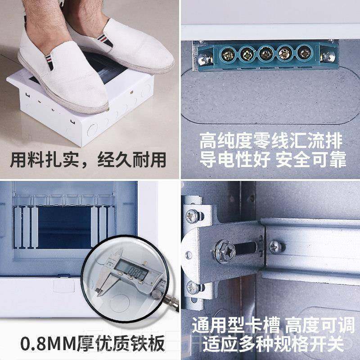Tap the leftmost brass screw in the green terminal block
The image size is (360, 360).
(x=228, y=54)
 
